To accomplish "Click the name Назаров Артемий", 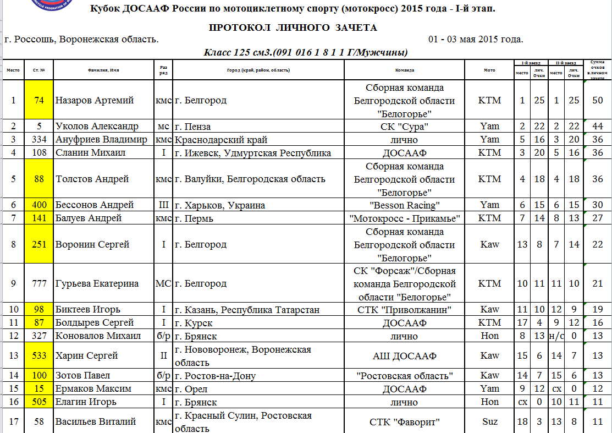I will pos(95,101).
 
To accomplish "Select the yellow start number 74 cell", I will pos(38,101).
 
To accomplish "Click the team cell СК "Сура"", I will pos(405,127).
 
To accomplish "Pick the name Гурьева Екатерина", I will pos(96,283).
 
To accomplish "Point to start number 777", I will pos(38,283).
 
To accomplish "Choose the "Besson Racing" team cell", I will pos(405,205).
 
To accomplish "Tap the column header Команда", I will pos(405,70).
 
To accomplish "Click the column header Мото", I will pos(489,70).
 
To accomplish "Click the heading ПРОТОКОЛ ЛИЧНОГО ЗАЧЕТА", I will pos(293,28).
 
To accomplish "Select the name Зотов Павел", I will pos(83,376).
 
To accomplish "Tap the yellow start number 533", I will pos(38,356).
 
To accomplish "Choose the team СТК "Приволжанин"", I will pos(405,310).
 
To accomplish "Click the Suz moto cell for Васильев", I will pos(489,422).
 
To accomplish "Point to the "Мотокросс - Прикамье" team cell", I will pos(405,218).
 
